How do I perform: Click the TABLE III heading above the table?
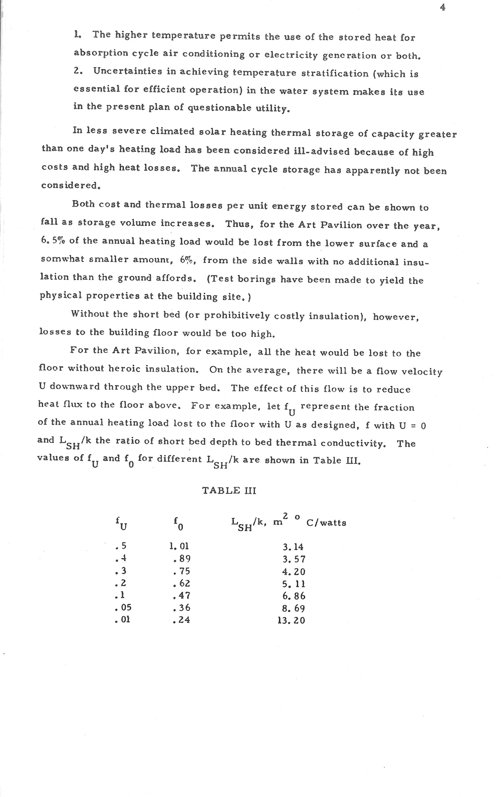[229, 490]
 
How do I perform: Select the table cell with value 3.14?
[293, 547]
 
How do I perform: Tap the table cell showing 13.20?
[291, 621]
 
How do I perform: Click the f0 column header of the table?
[178, 523]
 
